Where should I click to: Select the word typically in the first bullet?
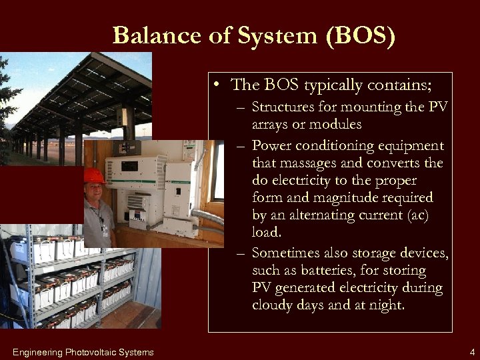pyautogui.click(x=339, y=85)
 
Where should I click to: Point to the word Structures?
pyautogui.click(x=286, y=108)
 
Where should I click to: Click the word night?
pyautogui.click(x=387, y=305)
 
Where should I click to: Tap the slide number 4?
pyautogui.click(x=471, y=352)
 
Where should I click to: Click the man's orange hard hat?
pyautogui.click(x=94, y=176)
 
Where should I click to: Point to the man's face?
pyautogui.click(x=94, y=193)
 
